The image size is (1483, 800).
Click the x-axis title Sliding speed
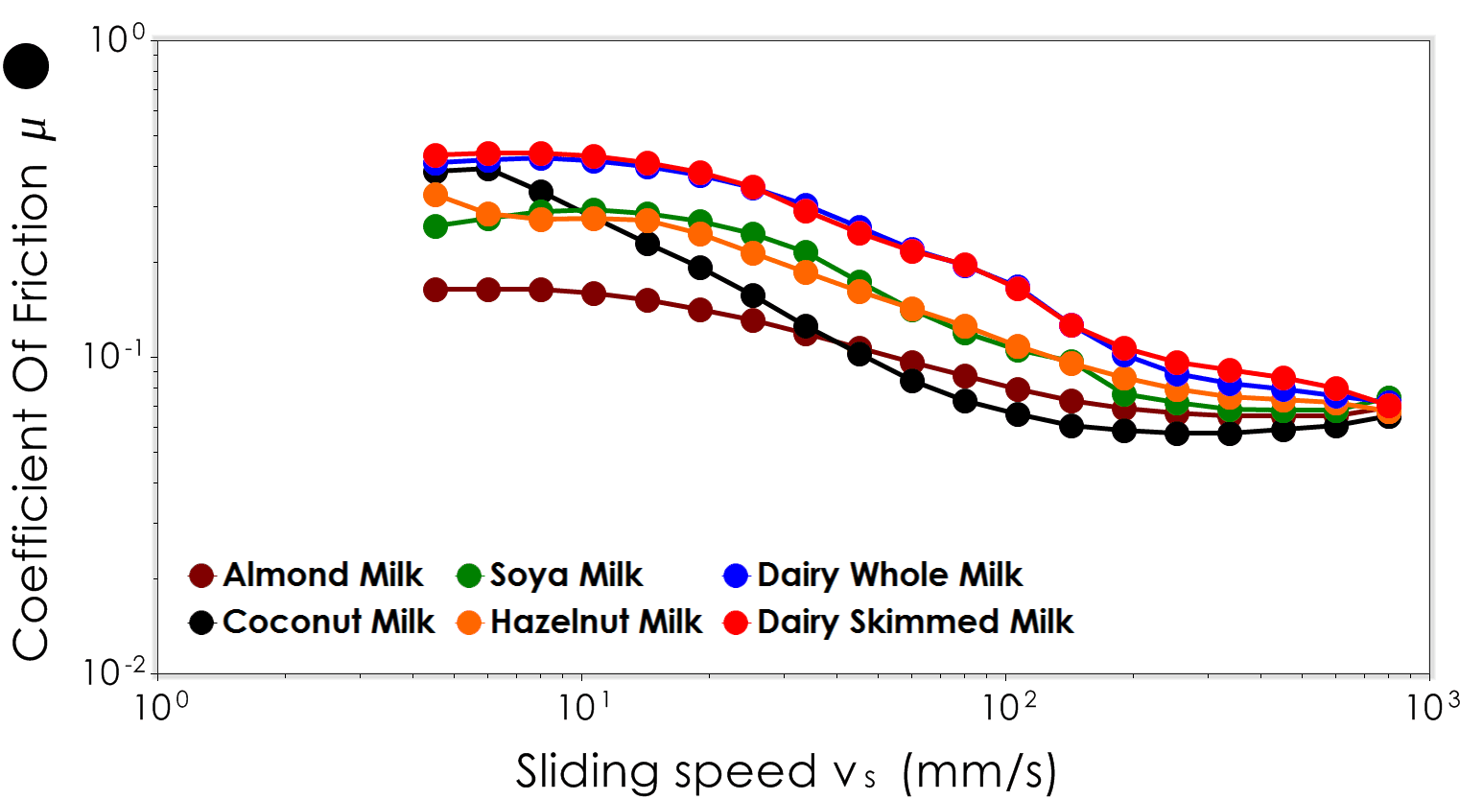tap(787, 771)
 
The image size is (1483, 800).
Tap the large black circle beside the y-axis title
tap(26, 66)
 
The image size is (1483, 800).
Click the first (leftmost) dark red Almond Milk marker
tap(435, 290)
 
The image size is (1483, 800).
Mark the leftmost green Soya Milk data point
tap(435, 226)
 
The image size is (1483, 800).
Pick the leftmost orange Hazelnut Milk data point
tap(435, 195)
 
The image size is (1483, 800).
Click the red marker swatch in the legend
tap(735, 622)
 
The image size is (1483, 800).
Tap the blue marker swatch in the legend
tap(735, 576)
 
